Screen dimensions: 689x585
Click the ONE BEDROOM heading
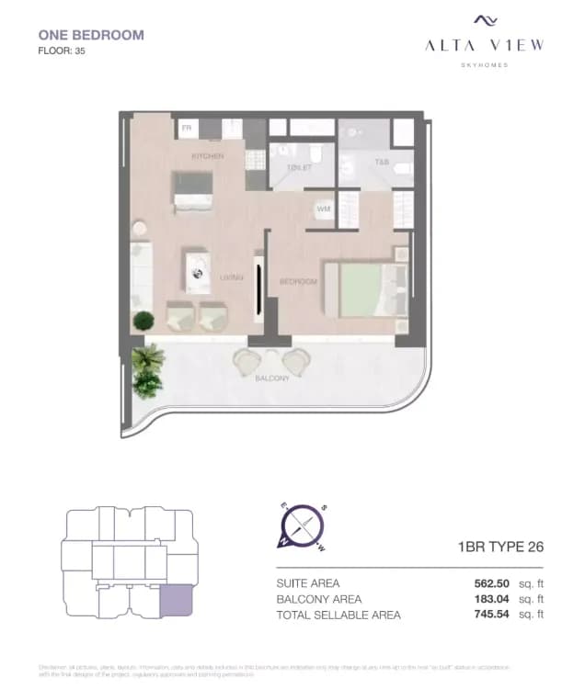[x=91, y=35]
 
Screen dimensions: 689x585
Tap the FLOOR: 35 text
[x=62, y=51]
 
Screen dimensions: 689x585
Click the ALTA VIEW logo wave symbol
[x=485, y=20]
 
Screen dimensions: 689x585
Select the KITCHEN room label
[x=207, y=156]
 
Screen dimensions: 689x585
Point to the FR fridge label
[x=186, y=129]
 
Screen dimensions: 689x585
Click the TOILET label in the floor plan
[x=299, y=168]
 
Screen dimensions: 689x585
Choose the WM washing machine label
[x=324, y=209]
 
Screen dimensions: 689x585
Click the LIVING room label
[x=230, y=277]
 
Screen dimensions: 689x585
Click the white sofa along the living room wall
[x=141, y=276]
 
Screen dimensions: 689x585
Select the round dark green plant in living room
[x=143, y=322]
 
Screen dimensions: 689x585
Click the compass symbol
[x=303, y=527]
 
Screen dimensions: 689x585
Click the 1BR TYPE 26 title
[x=500, y=548]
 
